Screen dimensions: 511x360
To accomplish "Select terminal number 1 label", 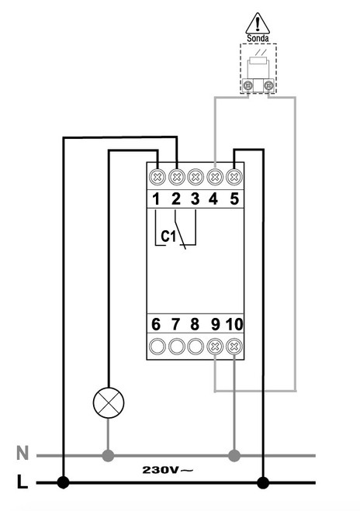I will (156, 199).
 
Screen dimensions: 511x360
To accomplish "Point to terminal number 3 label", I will (195, 199).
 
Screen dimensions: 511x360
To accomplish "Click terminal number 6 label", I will (156, 323).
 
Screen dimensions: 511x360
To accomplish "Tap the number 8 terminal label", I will (195, 323).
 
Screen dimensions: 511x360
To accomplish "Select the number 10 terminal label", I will (234, 323).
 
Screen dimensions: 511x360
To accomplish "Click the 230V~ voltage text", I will (168, 469).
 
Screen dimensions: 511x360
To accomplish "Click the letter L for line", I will (22, 483).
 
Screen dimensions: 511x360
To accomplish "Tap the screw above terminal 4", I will (213, 175).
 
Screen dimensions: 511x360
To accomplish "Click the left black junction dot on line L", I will (63, 483).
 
